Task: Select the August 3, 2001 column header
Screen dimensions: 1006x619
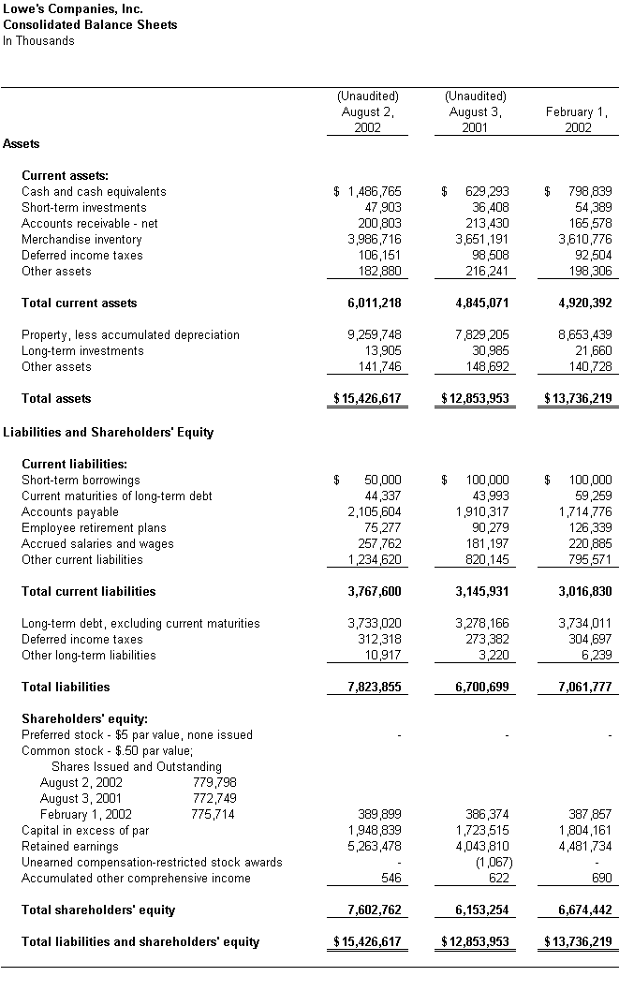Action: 475,112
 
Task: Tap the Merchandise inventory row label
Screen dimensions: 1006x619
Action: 81,240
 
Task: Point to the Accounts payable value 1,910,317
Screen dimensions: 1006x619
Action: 482,512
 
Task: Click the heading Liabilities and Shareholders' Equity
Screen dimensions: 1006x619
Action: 109,433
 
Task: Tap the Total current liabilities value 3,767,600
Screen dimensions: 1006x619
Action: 374,592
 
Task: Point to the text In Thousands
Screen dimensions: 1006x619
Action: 38,41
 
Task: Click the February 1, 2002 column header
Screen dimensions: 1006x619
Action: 577,120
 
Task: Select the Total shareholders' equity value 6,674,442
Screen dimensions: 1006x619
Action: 583,910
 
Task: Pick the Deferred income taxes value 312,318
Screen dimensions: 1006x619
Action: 380,640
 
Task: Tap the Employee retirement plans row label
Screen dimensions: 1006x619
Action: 94,528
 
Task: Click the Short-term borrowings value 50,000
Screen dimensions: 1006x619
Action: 382,481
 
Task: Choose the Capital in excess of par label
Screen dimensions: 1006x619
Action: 85,831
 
